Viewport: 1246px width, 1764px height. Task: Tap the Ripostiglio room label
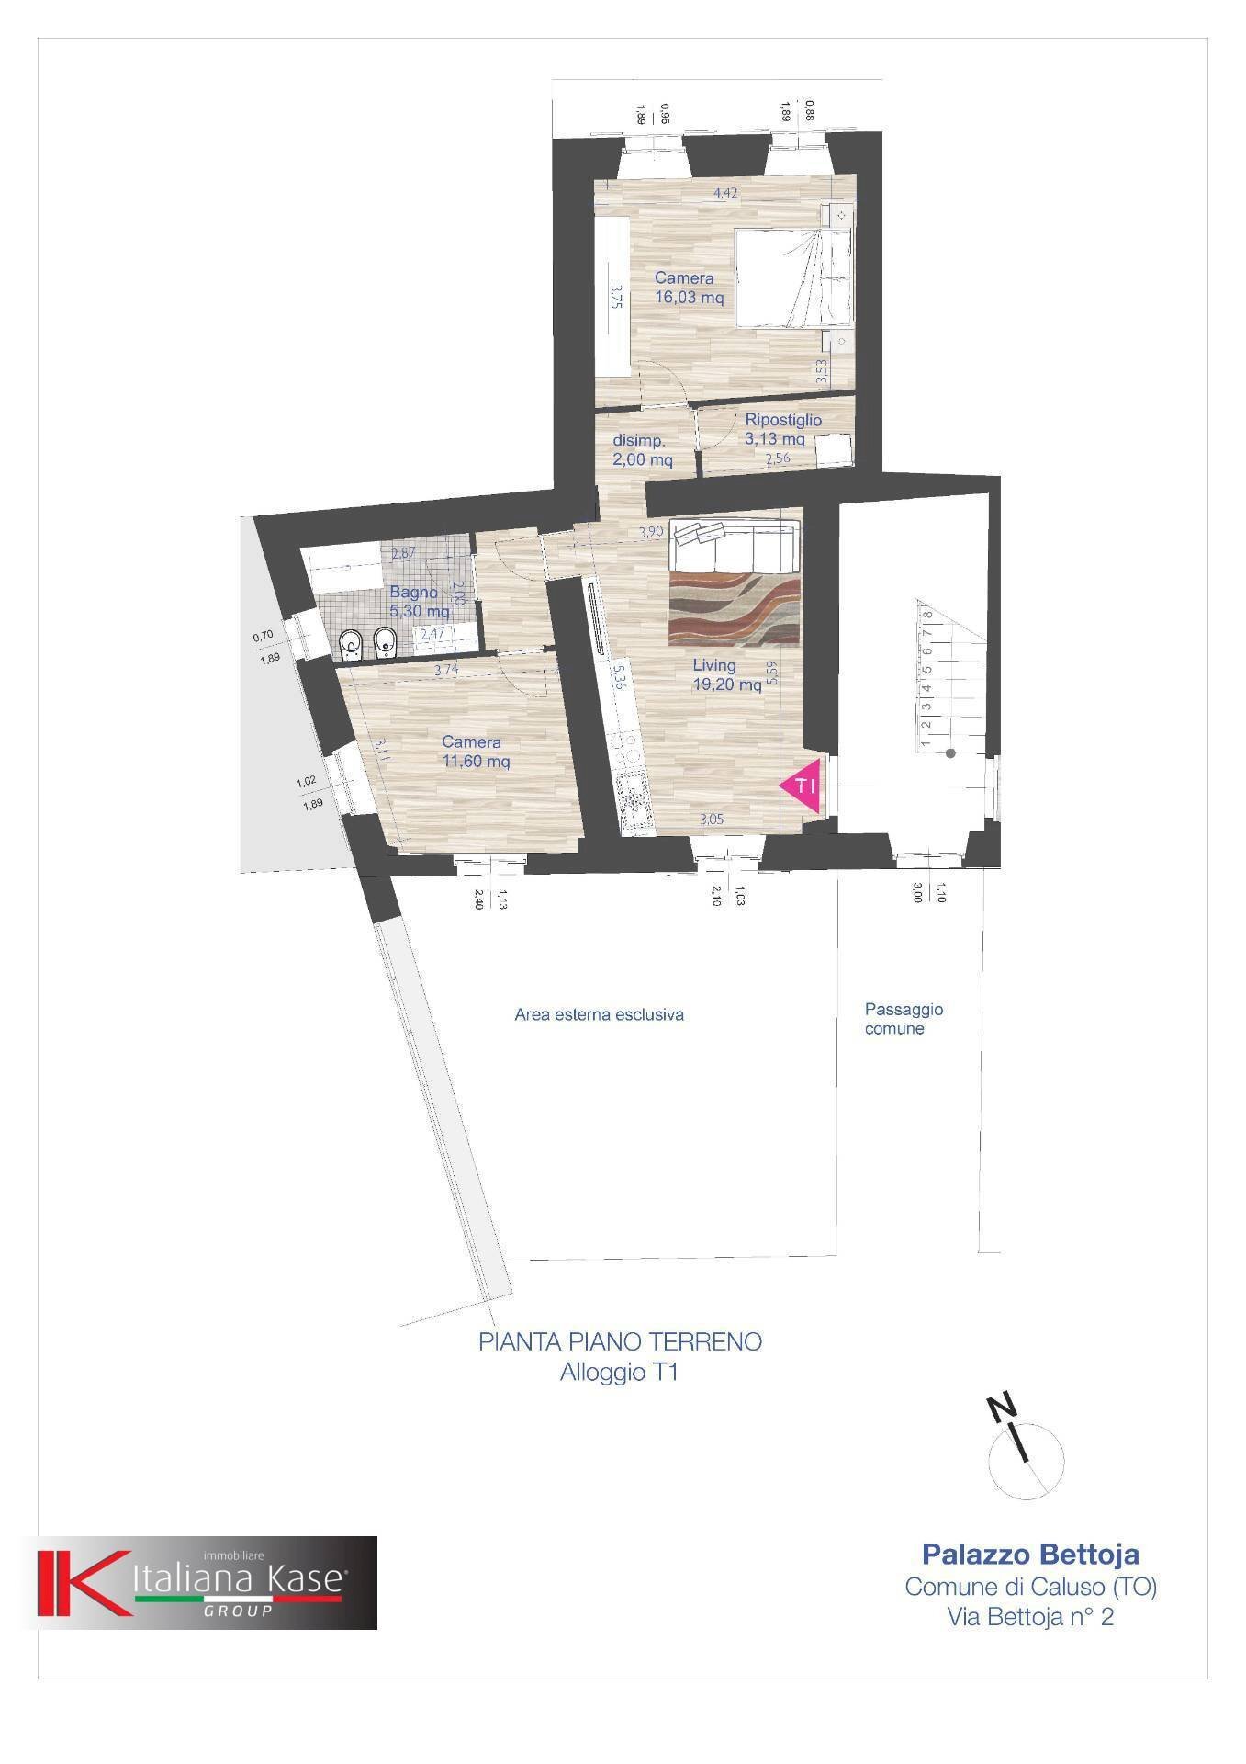pos(782,420)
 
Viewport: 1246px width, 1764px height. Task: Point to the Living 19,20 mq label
pos(726,674)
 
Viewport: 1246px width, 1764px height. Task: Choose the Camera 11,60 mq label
pos(475,751)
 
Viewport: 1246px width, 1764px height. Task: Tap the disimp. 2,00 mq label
pos(642,450)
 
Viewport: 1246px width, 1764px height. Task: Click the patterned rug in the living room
pos(735,606)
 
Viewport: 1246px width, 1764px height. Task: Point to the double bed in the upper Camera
pos(791,277)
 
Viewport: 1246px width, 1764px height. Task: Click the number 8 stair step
pos(928,616)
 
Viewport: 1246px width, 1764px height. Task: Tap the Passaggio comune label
pos(903,1019)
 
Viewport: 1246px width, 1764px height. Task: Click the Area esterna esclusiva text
pos(599,1015)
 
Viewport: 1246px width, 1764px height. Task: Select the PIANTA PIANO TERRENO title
pos(620,1341)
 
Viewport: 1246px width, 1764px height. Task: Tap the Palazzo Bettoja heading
pos(1029,1555)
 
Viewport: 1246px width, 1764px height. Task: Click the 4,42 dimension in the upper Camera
pos(725,193)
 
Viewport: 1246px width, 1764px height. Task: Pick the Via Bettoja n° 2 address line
pos(1030,1617)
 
